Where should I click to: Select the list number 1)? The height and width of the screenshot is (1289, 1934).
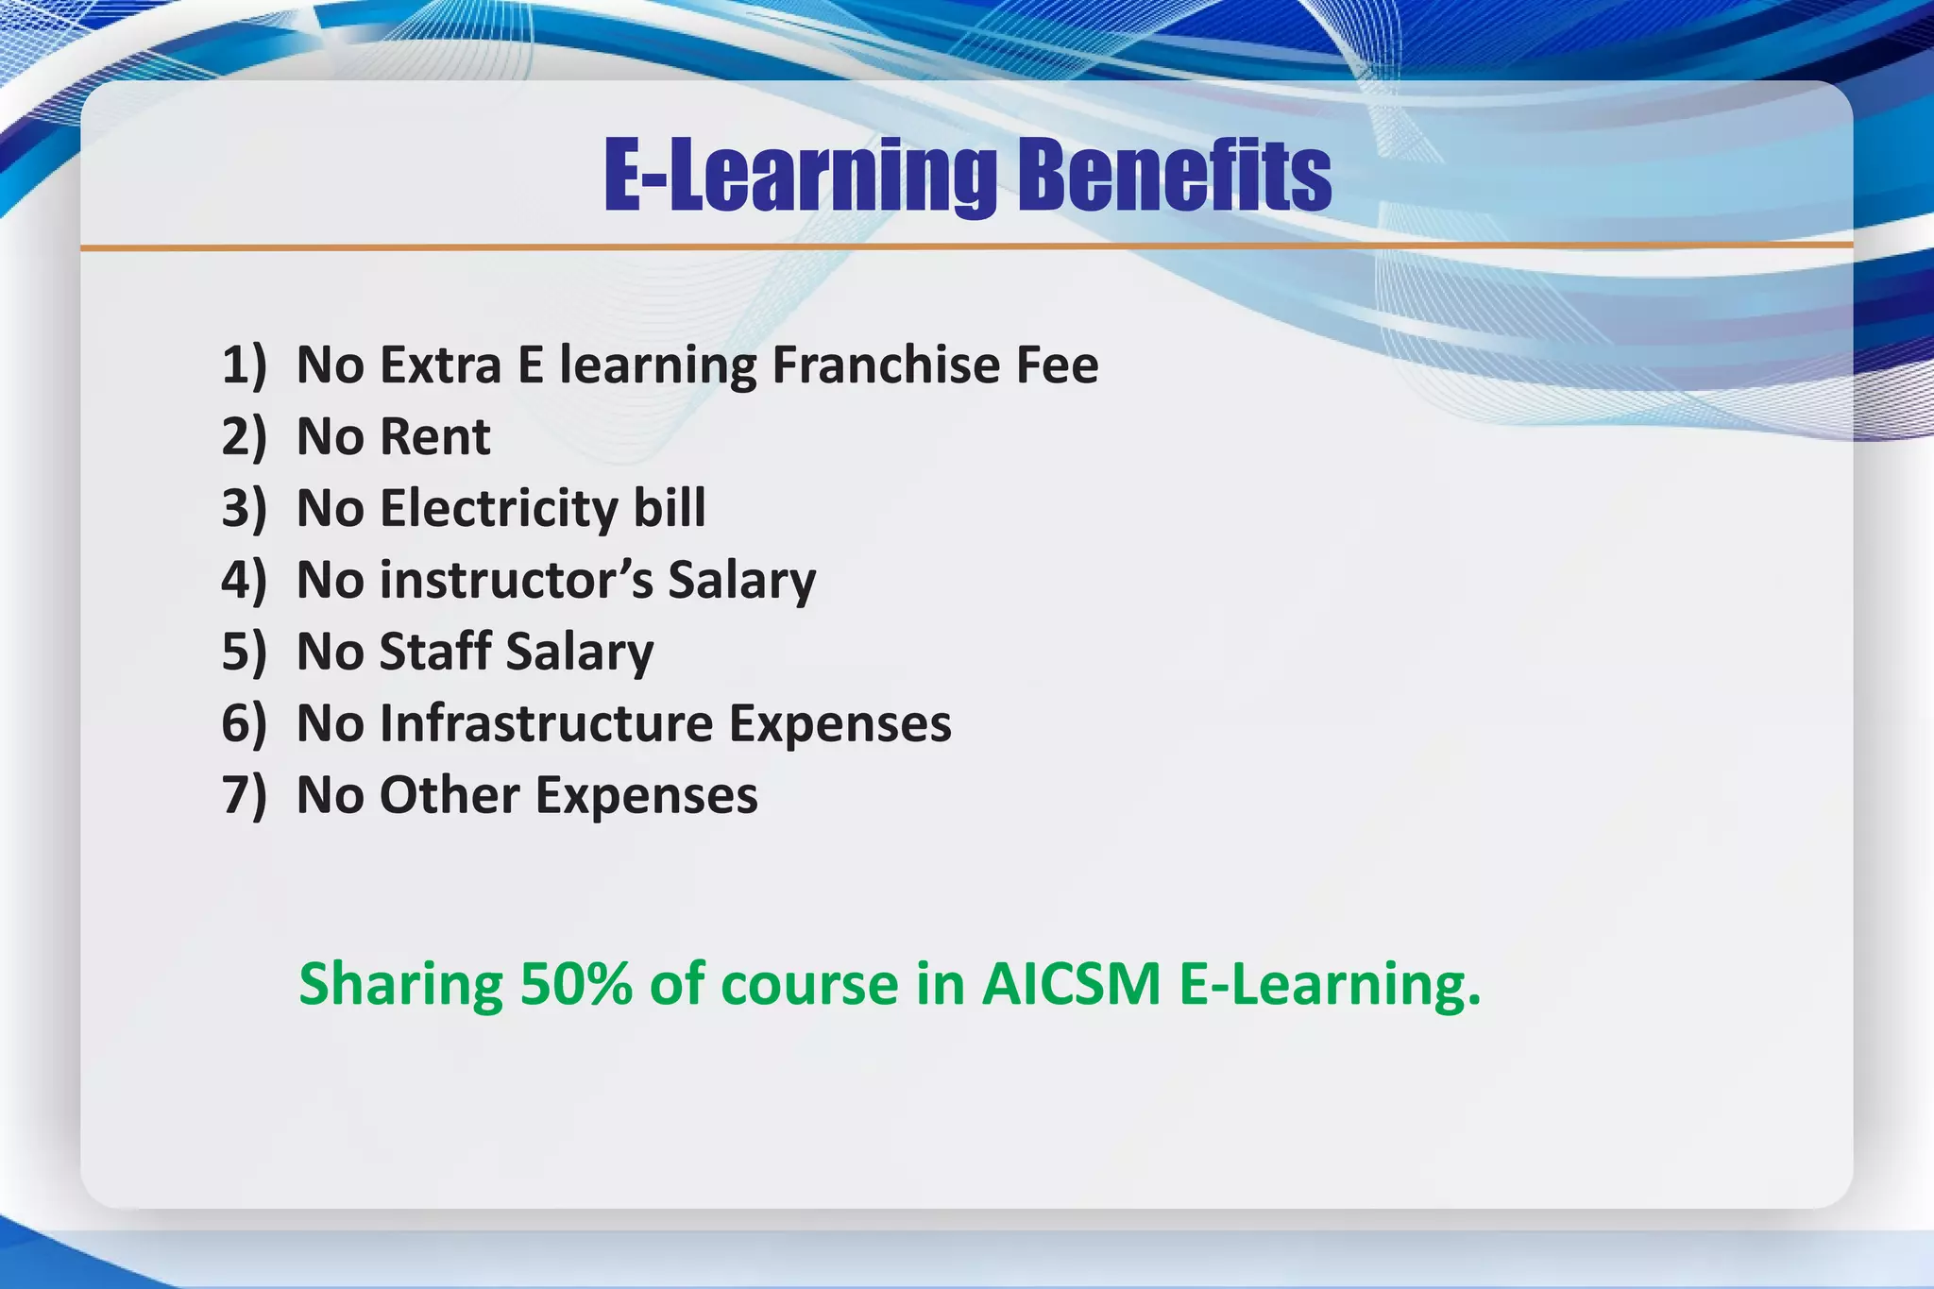coord(245,365)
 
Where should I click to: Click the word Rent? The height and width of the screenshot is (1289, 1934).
coord(435,437)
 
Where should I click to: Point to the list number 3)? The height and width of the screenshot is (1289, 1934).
coord(245,509)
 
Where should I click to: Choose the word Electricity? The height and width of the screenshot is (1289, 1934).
coord(499,509)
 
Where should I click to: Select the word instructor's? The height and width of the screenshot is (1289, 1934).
coord(516,580)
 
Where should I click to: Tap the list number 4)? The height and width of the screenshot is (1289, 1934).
coord(245,580)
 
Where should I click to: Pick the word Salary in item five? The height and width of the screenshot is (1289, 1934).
coord(580,653)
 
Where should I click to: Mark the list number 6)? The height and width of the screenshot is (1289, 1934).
coord(245,723)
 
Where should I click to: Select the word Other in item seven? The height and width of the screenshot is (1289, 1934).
coord(450,795)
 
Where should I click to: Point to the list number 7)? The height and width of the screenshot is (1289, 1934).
coord(245,795)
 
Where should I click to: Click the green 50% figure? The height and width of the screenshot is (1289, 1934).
coord(576,984)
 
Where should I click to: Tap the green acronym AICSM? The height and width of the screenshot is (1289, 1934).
coord(1071,984)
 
